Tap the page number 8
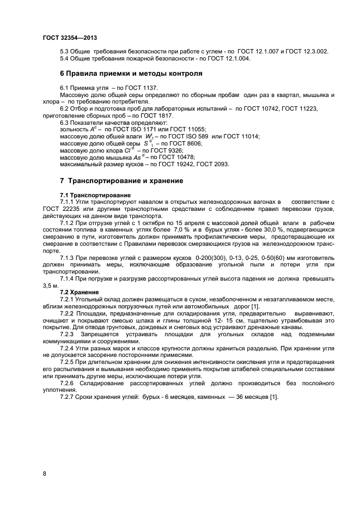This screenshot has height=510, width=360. [44, 473]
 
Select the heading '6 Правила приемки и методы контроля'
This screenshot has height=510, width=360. [131, 72]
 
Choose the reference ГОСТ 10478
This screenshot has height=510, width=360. [173, 157]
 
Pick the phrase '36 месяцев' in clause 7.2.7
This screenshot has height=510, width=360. [247, 397]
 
